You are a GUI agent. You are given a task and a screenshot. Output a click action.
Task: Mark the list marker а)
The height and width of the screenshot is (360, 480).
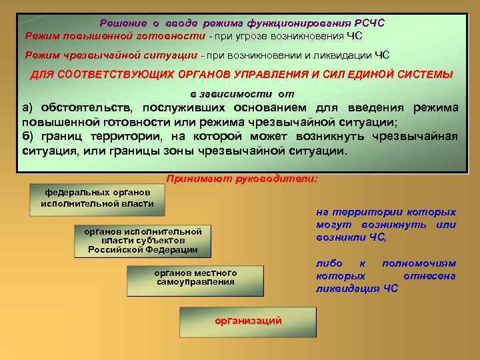29,108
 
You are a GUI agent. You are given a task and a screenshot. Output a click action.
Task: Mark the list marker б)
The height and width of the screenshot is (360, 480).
29,137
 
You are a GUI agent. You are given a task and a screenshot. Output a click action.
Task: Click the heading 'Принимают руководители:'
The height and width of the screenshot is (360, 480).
242,179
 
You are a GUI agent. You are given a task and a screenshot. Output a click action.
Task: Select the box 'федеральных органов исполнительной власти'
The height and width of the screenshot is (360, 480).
97,198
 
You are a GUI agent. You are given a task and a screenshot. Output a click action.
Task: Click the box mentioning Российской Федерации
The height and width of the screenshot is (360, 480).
143,241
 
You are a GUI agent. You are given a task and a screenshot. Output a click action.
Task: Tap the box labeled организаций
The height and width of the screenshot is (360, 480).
247,321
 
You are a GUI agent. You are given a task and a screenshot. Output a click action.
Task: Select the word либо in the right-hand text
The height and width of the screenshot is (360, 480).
329,264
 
